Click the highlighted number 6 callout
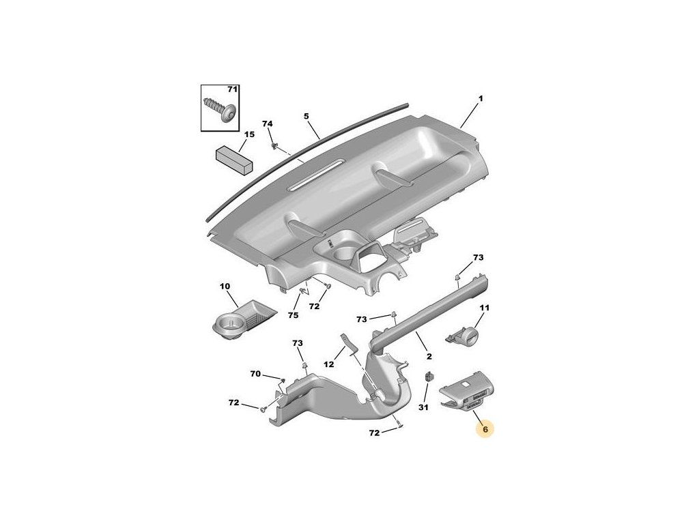point(485,429)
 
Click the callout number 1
point(481,98)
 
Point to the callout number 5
point(306,117)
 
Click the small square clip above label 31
point(429,377)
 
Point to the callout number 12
point(328,364)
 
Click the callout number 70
point(255,374)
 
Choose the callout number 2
point(429,356)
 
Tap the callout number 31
point(423,407)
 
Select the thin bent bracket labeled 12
point(350,344)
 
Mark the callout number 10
point(225,286)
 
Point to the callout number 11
point(484,308)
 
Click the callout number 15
point(249,134)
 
